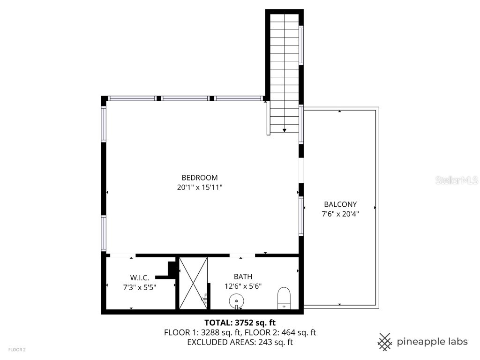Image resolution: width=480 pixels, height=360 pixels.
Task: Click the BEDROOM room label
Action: coord(200,178)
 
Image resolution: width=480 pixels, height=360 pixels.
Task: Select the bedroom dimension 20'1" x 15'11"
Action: coord(200,187)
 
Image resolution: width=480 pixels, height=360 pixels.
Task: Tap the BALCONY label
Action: coord(340,204)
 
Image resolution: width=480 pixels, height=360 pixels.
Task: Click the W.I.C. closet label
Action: coord(140,277)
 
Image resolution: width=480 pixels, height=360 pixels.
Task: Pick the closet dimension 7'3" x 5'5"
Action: coord(140,287)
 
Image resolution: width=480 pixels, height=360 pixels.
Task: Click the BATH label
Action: coord(243,277)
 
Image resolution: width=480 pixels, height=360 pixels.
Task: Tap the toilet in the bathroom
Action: coord(284,298)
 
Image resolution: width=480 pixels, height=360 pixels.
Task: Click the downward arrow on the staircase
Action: coord(285,130)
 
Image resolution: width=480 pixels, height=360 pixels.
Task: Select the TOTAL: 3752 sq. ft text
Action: coord(240,322)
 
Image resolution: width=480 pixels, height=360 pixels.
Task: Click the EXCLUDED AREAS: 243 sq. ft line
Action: coord(240,342)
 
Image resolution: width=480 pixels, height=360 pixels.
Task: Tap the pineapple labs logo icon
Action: coord(385,341)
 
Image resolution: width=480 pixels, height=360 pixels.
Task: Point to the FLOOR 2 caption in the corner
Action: coord(16,350)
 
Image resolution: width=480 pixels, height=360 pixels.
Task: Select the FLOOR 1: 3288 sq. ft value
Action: coord(202,332)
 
